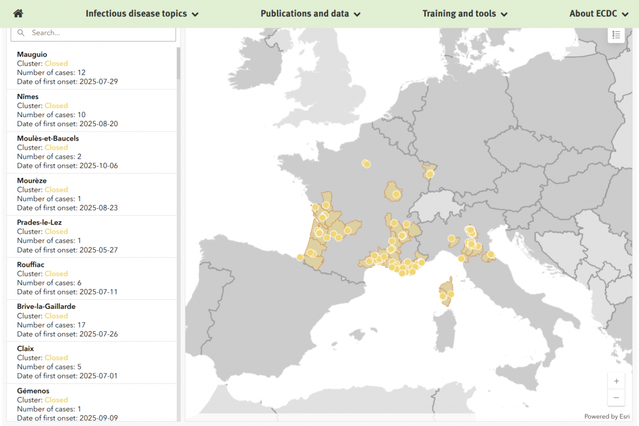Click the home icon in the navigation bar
[19, 14]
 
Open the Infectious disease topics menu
[142, 14]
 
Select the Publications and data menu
[310, 14]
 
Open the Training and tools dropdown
[464, 14]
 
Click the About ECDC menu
[599, 14]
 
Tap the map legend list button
[616, 35]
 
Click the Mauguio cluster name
[32, 54]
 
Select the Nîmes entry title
[28, 96]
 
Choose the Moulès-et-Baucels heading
[48, 138]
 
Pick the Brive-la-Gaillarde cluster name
[46, 307]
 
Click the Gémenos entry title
[33, 391]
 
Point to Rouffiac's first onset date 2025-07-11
[99, 292]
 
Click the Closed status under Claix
[56, 358]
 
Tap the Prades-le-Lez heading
[39, 223]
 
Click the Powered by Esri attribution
[607, 416]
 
